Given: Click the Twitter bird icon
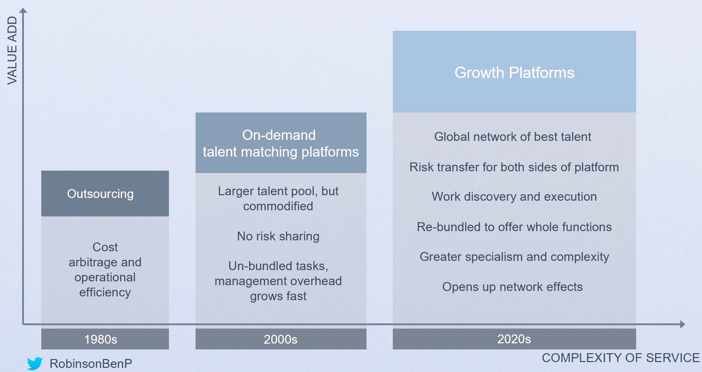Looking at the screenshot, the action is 35,363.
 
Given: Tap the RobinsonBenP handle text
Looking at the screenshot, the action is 91,364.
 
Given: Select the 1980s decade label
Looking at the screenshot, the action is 101,340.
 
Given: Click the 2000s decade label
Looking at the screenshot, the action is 281,340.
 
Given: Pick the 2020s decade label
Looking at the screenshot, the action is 514,339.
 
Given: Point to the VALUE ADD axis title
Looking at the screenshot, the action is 12,50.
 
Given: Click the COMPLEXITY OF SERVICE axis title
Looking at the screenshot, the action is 621,358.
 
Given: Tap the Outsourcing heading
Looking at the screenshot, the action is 100,194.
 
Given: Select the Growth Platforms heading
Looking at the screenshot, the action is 514,73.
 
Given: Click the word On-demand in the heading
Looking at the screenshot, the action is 279,135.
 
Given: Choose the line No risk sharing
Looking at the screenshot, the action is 278,236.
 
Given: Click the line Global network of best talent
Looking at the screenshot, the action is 513,137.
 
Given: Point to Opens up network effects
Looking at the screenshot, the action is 513,287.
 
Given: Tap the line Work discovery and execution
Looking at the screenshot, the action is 514,197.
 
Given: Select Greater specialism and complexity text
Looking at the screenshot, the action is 514,257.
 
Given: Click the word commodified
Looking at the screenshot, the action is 278,206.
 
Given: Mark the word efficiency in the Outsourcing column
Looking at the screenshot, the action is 105,292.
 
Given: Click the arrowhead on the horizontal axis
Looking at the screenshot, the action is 683,324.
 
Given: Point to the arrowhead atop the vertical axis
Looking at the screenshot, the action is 23,10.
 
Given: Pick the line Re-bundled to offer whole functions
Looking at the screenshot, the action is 514,227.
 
